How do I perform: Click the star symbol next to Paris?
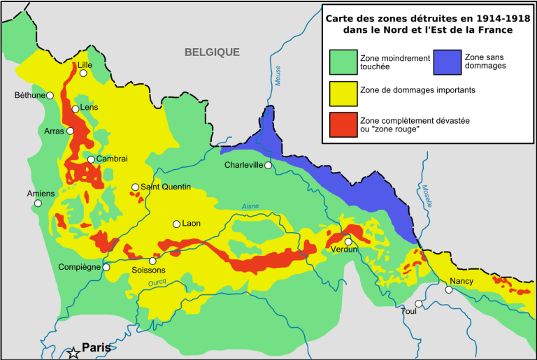coord(73,353)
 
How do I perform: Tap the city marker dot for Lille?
coord(83,73)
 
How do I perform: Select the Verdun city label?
coord(344,250)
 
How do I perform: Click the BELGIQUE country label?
coord(212,52)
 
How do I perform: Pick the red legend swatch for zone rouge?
coord(343,124)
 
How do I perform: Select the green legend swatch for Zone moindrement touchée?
coord(343,62)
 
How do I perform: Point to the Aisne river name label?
coord(250,206)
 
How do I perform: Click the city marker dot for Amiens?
coord(38,203)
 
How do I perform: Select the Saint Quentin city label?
coord(166,187)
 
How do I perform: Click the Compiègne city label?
coord(80,267)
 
